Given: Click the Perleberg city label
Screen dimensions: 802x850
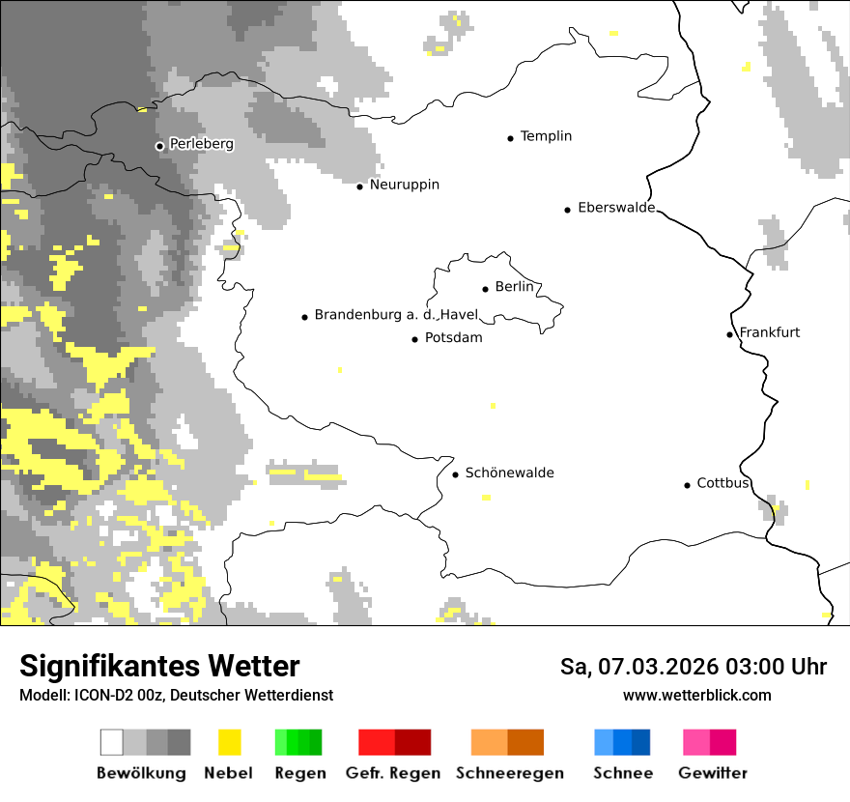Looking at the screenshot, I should [x=201, y=144].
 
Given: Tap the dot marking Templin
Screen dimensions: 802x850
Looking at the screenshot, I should [x=510, y=138].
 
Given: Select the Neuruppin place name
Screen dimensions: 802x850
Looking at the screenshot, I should [x=404, y=185].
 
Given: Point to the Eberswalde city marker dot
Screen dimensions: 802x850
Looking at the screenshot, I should [x=567, y=210].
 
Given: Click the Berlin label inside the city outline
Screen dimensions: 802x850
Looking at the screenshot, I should [x=514, y=287].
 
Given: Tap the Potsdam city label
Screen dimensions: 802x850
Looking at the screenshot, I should [x=453, y=338].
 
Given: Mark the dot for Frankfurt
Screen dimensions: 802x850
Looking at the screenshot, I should [x=729, y=335].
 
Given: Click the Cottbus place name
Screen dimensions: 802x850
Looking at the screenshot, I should [x=722, y=483].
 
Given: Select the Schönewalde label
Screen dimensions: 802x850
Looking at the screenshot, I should [x=509, y=473].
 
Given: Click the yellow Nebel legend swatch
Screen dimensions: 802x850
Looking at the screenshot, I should [x=229, y=742].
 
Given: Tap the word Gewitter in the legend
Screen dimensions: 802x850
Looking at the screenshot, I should [x=712, y=773].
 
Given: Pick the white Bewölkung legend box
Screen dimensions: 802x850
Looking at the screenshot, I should [x=112, y=742].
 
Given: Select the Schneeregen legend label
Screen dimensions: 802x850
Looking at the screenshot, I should [x=509, y=773].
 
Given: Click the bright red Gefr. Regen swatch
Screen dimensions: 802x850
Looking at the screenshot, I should [x=376, y=742].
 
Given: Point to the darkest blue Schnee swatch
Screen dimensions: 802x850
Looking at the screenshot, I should [x=641, y=742].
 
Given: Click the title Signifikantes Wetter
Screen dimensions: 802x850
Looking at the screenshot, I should [x=159, y=666].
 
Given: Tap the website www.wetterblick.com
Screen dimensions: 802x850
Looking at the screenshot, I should [x=696, y=695].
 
